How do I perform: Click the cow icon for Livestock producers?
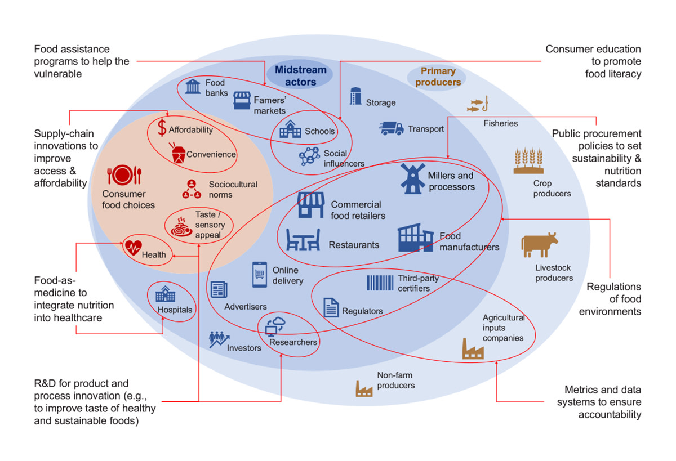point(540,244)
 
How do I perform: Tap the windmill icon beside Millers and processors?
point(412,178)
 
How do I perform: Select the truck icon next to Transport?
point(392,128)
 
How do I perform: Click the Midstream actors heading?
point(301,75)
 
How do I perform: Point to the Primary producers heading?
point(438,77)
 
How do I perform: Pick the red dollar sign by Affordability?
point(162,128)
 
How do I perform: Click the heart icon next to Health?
point(134,248)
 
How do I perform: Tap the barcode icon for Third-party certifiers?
point(380,283)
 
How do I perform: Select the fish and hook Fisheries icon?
point(478,104)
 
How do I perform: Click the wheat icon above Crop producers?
point(528,160)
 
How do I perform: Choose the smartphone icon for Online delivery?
point(260,274)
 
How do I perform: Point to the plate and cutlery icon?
point(124,174)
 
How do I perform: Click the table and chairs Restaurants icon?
point(303,240)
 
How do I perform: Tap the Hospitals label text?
point(175,310)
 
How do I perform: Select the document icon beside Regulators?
point(331,307)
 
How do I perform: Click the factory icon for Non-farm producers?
point(364,388)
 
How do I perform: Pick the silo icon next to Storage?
point(355,96)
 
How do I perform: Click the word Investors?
point(244,348)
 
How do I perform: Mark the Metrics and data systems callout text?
point(599,402)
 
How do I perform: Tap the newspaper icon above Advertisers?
point(219,289)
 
